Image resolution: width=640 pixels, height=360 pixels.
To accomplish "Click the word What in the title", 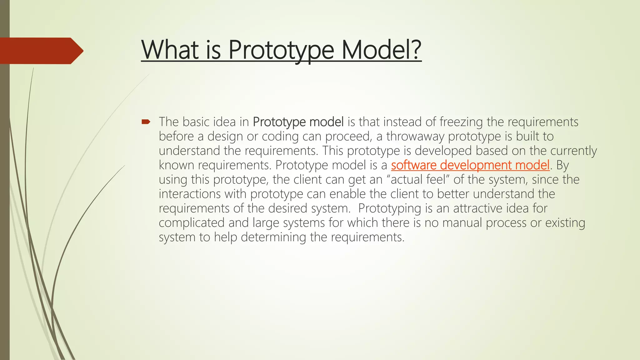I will tap(170, 50).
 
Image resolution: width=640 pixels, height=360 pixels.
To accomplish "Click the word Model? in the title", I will tap(381, 50).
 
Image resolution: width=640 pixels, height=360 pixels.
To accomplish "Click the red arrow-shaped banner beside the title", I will tap(41, 51).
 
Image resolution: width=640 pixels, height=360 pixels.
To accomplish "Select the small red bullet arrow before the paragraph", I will tap(146, 122).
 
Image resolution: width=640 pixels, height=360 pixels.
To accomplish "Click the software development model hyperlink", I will tap(470, 165).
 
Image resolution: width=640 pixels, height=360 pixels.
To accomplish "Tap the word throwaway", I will tap(415, 137).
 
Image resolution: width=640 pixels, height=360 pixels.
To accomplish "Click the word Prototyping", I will tap(389, 208).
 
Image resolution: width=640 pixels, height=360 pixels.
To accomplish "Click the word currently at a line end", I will tap(573, 151).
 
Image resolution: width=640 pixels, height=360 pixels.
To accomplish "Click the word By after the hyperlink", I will tap(562, 165).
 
